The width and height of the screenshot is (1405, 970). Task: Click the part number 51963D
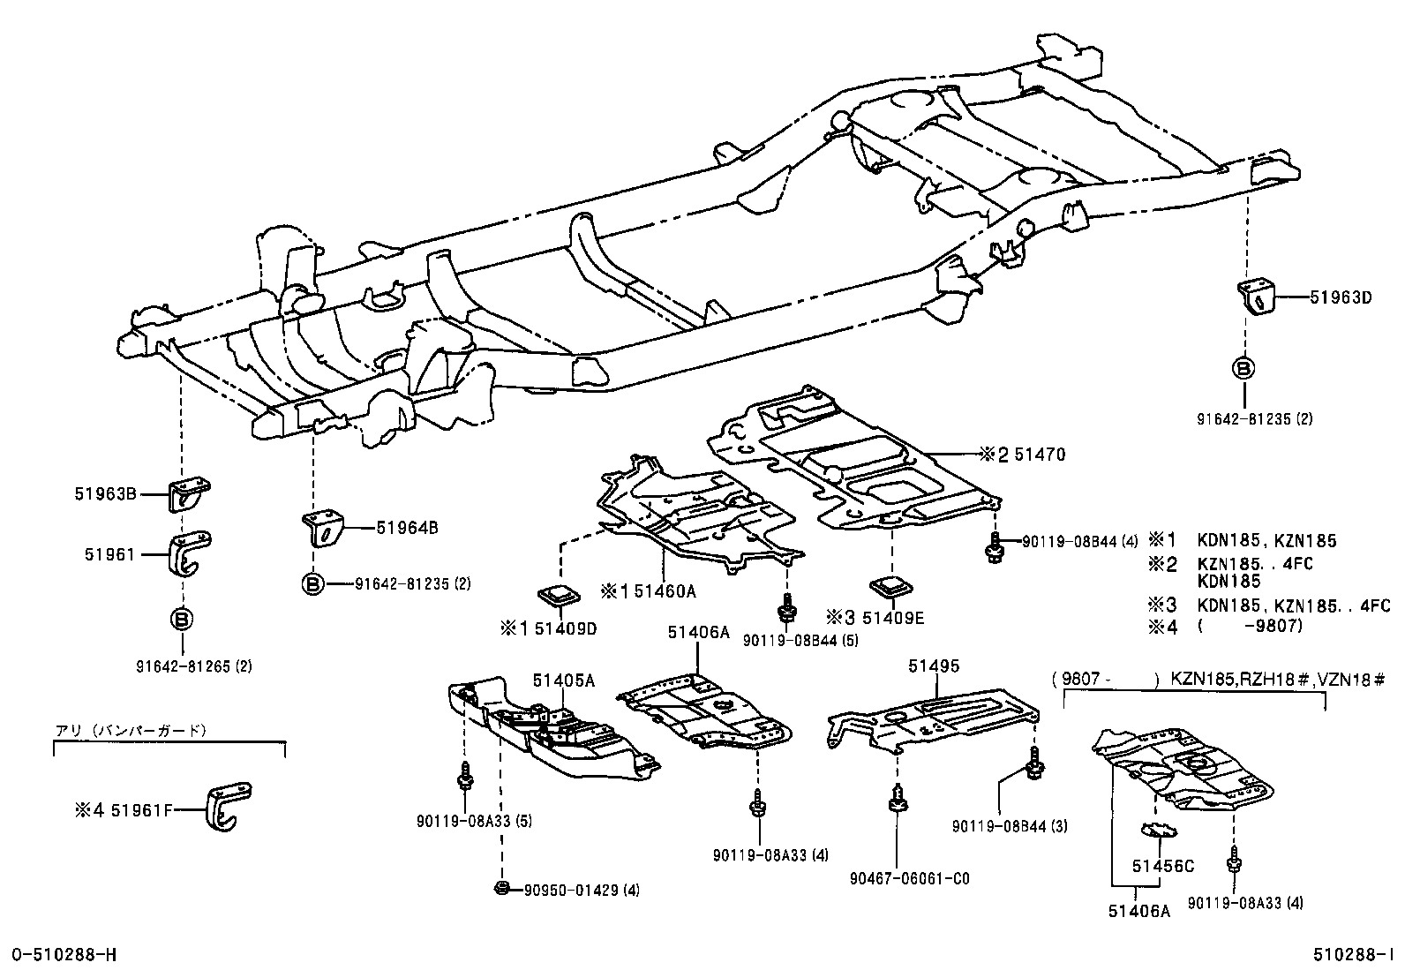click(1341, 297)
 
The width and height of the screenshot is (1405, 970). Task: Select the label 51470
click(1040, 455)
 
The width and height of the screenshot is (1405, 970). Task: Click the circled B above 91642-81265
click(180, 620)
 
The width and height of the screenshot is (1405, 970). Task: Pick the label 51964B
click(407, 529)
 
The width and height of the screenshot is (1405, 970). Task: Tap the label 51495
click(933, 666)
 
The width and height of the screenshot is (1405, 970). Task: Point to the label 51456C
click(1163, 866)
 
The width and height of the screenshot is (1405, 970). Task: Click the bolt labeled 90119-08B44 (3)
click(1034, 769)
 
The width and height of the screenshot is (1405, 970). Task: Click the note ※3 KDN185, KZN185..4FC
click(1269, 605)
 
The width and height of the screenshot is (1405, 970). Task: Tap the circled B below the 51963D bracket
click(1243, 369)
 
